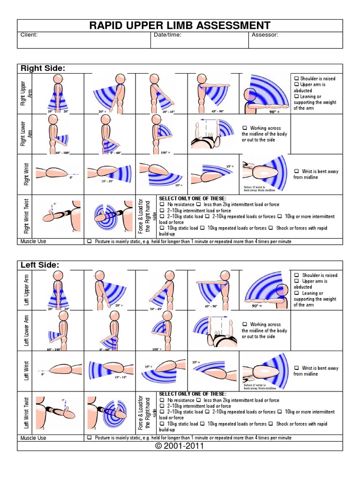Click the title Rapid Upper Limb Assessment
click(180, 25)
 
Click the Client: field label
click(29, 35)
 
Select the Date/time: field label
click(167, 35)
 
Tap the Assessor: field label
click(265, 35)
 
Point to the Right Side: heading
click(43, 68)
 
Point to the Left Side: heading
click(40, 265)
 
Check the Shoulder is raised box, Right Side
click(296, 78)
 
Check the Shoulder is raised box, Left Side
click(296, 275)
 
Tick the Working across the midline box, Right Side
click(245, 128)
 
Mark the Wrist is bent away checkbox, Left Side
click(296, 368)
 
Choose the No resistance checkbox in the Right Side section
click(162, 205)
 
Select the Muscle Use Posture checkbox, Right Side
click(89, 241)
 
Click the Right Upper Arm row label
click(23, 93)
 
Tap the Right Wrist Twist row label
click(26, 216)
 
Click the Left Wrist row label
click(26, 370)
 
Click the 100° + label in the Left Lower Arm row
click(157, 349)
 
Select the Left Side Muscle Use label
click(33, 438)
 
